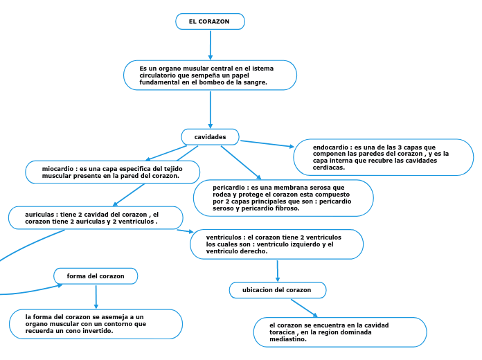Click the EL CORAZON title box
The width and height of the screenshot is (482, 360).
point(210,21)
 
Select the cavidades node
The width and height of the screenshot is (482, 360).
point(210,137)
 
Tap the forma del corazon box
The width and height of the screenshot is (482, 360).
point(96,276)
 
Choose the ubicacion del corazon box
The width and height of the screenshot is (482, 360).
point(277,290)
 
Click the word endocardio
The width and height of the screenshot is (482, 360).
point(331,147)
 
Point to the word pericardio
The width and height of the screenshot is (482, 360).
point(229,188)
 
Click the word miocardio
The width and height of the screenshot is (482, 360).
point(58,169)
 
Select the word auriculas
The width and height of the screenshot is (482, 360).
point(41,215)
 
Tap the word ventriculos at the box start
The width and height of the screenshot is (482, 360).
point(224,237)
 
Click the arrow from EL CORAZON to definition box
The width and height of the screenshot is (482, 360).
point(210,45)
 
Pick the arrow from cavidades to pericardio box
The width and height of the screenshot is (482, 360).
point(241,163)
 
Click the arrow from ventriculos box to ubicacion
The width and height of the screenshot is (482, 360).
point(278,271)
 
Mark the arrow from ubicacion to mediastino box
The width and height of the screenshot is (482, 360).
point(304,308)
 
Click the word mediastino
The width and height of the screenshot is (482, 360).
point(288,339)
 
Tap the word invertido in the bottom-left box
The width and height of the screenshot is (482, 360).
point(98,331)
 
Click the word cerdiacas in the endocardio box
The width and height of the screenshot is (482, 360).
point(329,168)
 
